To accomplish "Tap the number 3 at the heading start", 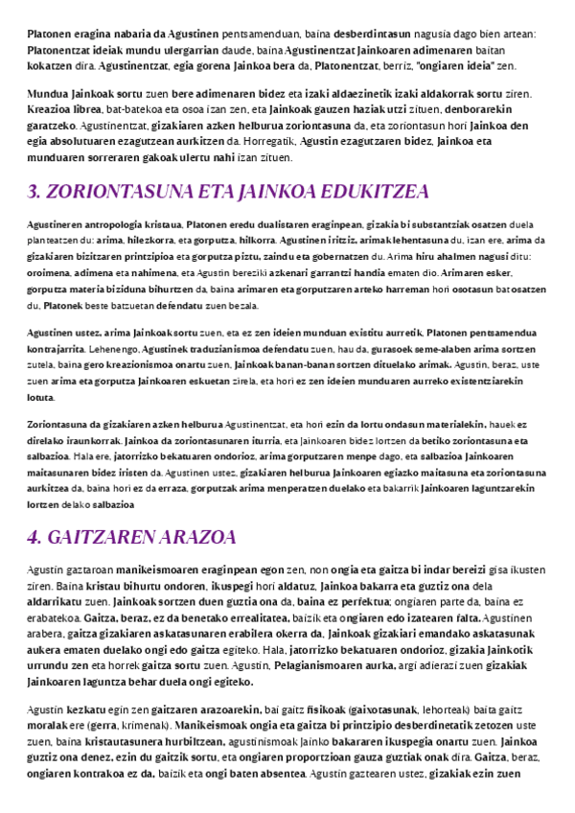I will tap(34, 192).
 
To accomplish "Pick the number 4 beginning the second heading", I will tap(34, 535).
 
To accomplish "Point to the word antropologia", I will tap(125, 223).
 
